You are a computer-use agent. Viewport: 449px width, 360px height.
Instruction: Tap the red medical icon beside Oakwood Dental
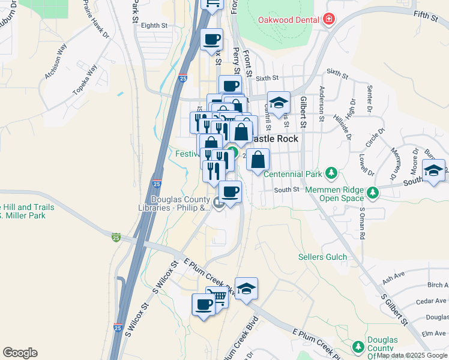click(x=328, y=20)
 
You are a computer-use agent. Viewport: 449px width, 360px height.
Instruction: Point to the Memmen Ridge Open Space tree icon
click(x=373, y=193)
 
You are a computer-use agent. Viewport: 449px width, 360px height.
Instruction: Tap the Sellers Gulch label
click(x=323, y=257)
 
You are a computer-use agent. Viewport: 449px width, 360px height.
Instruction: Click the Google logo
click(x=20, y=353)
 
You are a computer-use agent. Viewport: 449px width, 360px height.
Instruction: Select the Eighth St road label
click(x=154, y=25)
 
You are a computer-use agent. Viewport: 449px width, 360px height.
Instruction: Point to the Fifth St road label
click(x=426, y=16)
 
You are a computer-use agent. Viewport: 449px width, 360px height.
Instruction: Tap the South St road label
click(x=286, y=190)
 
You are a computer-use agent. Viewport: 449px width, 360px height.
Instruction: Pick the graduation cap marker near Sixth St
click(x=279, y=103)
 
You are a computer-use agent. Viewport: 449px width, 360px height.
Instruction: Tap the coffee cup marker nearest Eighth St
click(x=211, y=40)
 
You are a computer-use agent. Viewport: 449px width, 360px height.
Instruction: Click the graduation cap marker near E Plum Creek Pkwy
click(x=246, y=289)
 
